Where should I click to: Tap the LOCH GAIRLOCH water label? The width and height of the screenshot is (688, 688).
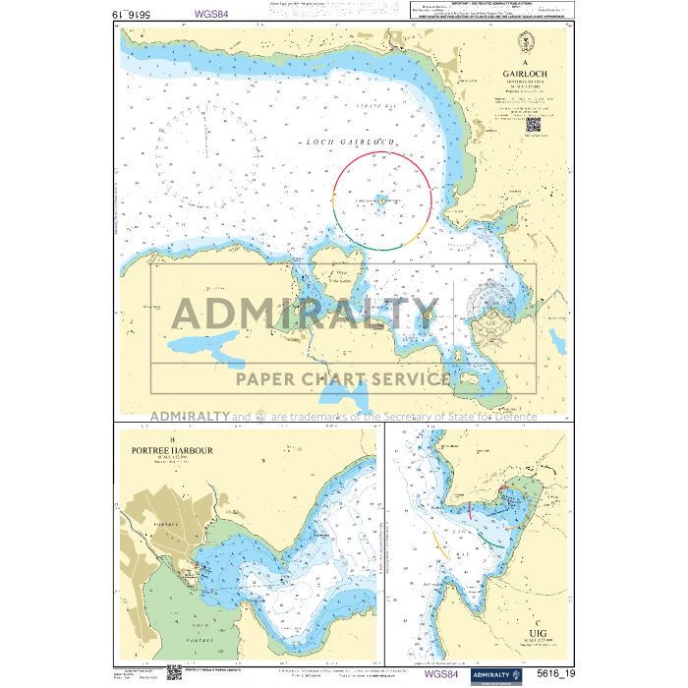(351, 143)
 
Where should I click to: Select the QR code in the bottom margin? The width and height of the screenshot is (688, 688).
(173, 672)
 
